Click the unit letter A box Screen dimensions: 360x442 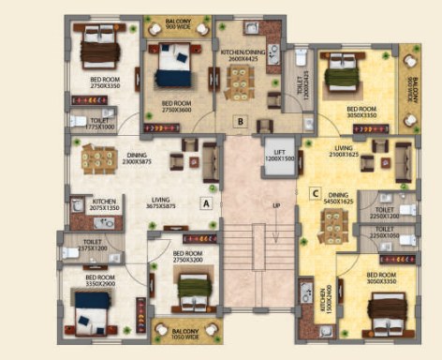pyautogui.click(x=205, y=201)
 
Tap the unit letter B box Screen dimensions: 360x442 pyautogui.click(x=241, y=120)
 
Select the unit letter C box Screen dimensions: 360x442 pyautogui.click(x=315, y=194)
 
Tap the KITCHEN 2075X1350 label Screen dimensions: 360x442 pyautogui.click(x=104, y=204)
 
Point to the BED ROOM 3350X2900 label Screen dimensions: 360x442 pyautogui.click(x=100, y=279)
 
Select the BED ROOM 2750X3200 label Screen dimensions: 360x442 pyautogui.click(x=188, y=255)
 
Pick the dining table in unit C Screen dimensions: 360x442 pyautogui.click(x=331, y=226)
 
